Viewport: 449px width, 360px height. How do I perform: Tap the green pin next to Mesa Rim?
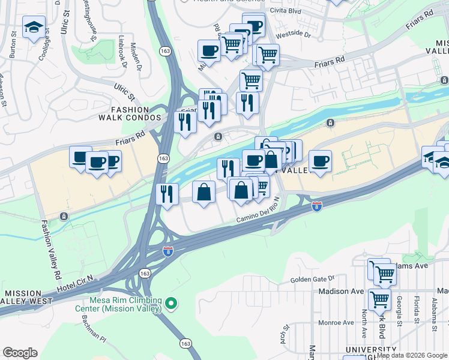click(x=172, y=304)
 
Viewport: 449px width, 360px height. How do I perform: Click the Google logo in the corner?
click(x=20, y=353)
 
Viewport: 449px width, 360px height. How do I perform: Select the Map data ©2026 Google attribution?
click(x=412, y=355)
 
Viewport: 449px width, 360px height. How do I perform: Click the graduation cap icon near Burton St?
click(x=34, y=26)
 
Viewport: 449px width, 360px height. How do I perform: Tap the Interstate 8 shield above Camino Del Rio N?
click(x=317, y=206)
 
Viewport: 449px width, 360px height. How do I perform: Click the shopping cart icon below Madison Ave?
click(x=379, y=298)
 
